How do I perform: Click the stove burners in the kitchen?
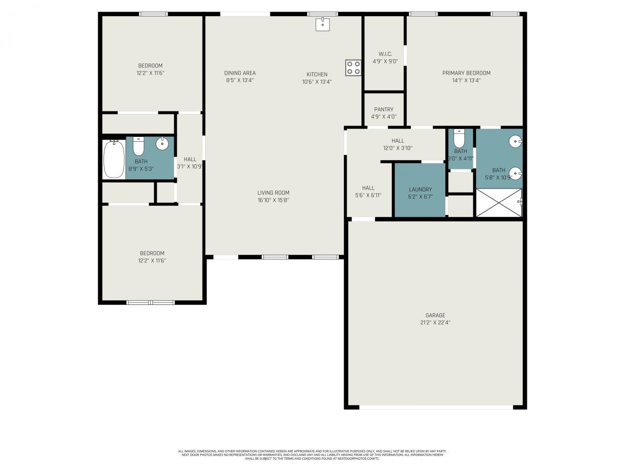(x=353, y=68)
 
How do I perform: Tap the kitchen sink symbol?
(x=322, y=24)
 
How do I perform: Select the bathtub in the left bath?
(x=114, y=159)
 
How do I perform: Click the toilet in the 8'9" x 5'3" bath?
(x=139, y=146)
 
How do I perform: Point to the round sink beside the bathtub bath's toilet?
(x=162, y=144)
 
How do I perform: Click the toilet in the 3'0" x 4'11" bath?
(x=459, y=138)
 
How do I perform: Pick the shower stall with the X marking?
(x=499, y=203)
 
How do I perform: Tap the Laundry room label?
(x=420, y=190)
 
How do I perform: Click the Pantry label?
(x=384, y=109)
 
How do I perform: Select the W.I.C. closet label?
(x=385, y=54)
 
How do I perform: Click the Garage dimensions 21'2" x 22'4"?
(x=435, y=322)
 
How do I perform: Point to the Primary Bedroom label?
(x=466, y=73)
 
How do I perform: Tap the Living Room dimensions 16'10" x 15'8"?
(x=273, y=200)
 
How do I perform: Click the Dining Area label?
(x=240, y=73)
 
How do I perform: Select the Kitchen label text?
(x=317, y=74)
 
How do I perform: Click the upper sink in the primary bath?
(x=516, y=142)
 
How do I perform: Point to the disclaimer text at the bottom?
(x=312, y=455)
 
